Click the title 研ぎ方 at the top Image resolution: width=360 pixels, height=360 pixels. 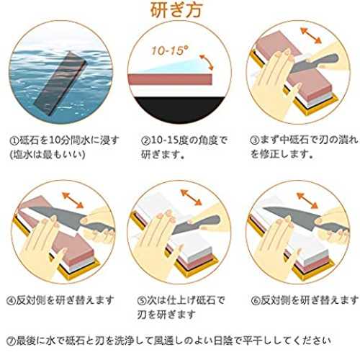click(x=177, y=10)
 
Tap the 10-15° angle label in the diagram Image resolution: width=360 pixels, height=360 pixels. click(x=170, y=50)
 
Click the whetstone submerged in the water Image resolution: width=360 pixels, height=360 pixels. click(x=60, y=82)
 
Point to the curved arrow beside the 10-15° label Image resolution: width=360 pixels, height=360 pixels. click(x=207, y=62)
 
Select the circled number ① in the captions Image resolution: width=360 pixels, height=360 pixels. click(x=14, y=140)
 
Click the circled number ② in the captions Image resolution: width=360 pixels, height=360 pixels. click(x=145, y=140)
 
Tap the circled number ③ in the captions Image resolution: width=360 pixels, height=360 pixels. click(x=255, y=140)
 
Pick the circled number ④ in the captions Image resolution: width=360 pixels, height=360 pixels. click(x=11, y=300)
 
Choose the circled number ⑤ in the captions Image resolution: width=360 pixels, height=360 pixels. click(x=142, y=300)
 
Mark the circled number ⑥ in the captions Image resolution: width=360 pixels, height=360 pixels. click(x=256, y=300)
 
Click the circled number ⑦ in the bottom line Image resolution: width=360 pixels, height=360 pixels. click(x=11, y=341)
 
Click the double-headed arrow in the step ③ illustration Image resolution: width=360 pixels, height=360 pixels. click(x=311, y=35)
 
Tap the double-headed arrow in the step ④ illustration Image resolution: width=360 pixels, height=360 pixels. click(x=73, y=200)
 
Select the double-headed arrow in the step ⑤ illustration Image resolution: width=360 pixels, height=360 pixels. click(x=191, y=197)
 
